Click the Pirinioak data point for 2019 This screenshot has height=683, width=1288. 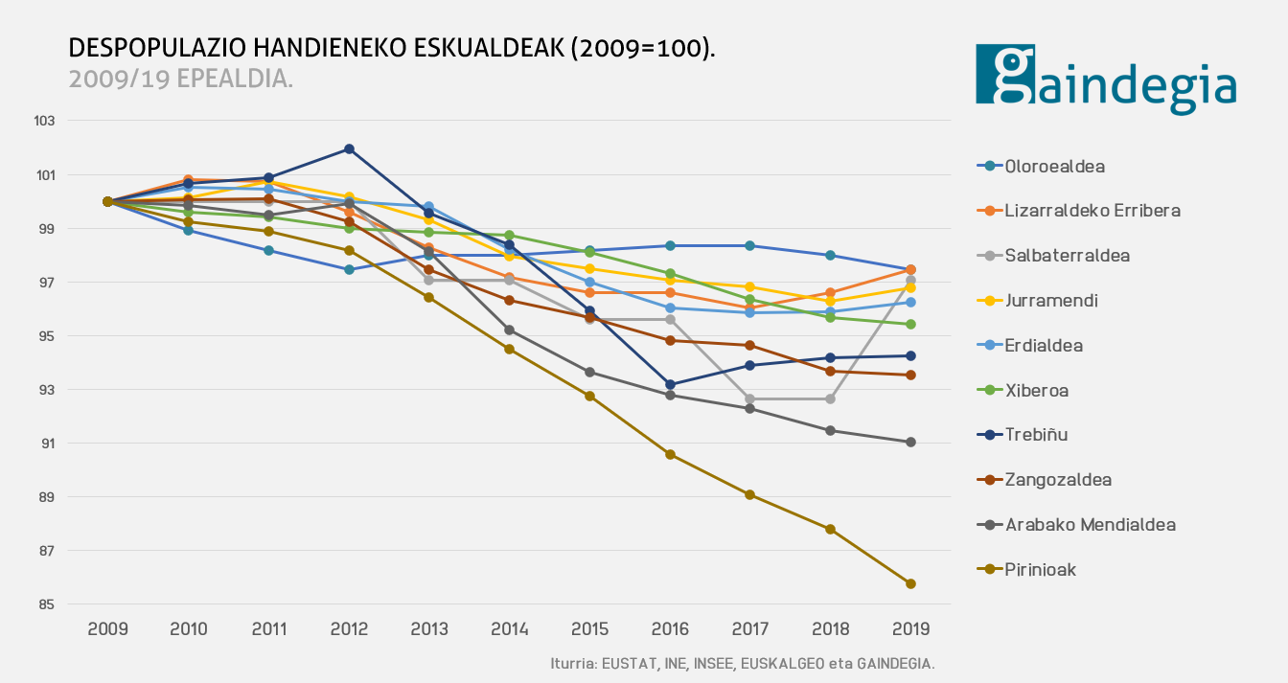coord(910,583)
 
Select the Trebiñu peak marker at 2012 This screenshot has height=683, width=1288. coord(349,148)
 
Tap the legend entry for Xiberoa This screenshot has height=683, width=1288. coord(1036,391)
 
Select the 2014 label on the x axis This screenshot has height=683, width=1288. coord(509,629)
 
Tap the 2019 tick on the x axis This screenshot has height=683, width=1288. coord(910,629)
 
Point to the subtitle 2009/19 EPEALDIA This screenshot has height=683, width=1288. coord(181,79)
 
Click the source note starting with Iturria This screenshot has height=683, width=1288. coord(742,663)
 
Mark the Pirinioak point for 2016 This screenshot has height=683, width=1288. coord(670,454)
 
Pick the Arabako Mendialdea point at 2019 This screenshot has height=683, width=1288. coord(910,442)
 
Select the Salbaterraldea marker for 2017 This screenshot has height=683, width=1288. coord(750,398)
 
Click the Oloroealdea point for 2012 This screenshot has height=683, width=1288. coord(349,269)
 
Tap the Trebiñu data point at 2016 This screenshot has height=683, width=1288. coord(670,384)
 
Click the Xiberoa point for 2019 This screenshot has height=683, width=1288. coord(910,324)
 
